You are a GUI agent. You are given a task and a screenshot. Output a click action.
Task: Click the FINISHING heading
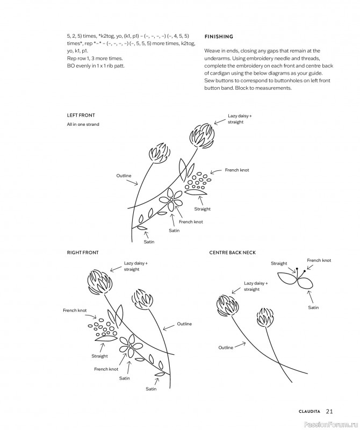click(219, 37)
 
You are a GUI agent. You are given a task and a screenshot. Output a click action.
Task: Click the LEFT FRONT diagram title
click(81, 115)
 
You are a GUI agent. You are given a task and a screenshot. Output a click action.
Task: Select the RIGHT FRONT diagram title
click(83, 252)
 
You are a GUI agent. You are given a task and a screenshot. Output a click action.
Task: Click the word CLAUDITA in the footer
click(309, 412)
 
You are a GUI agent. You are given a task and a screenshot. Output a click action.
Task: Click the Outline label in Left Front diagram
click(124, 176)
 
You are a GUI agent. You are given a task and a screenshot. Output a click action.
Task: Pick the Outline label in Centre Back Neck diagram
click(226, 348)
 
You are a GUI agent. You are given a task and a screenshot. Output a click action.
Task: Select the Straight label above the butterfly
click(279, 263)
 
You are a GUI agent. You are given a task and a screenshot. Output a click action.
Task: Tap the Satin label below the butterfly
click(313, 307)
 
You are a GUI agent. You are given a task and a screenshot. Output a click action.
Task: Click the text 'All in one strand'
click(83, 125)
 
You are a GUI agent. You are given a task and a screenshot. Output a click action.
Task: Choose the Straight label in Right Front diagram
click(99, 356)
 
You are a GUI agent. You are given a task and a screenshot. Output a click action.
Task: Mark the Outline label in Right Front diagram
click(184, 324)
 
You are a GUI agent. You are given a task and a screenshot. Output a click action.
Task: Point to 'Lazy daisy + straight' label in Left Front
click(239, 119)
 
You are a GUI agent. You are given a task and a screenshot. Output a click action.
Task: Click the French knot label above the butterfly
click(319, 260)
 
